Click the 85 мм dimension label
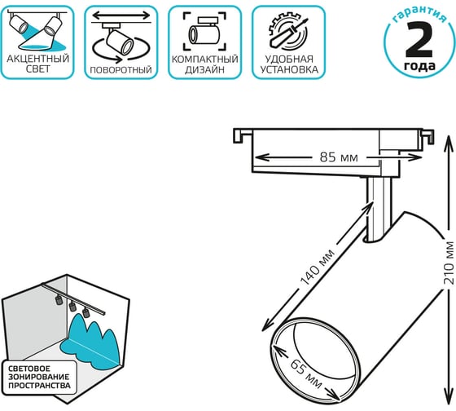[x=339, y=157]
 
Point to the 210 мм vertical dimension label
[x=449, y=263]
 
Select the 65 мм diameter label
[x=306, y=374]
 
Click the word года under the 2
[x=419, y=66]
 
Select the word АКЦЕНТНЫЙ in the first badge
[x=38, y=59]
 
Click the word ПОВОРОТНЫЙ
[x=121, y=70]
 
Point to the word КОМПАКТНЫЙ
[x=204, y=60]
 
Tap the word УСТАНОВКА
[x=289, y=70]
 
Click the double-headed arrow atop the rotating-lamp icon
[x=121, y=15]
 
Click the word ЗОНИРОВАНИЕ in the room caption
[x=39, y=377]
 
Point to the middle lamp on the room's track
[x=72, y=306]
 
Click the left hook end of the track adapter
[x=238, y=136]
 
